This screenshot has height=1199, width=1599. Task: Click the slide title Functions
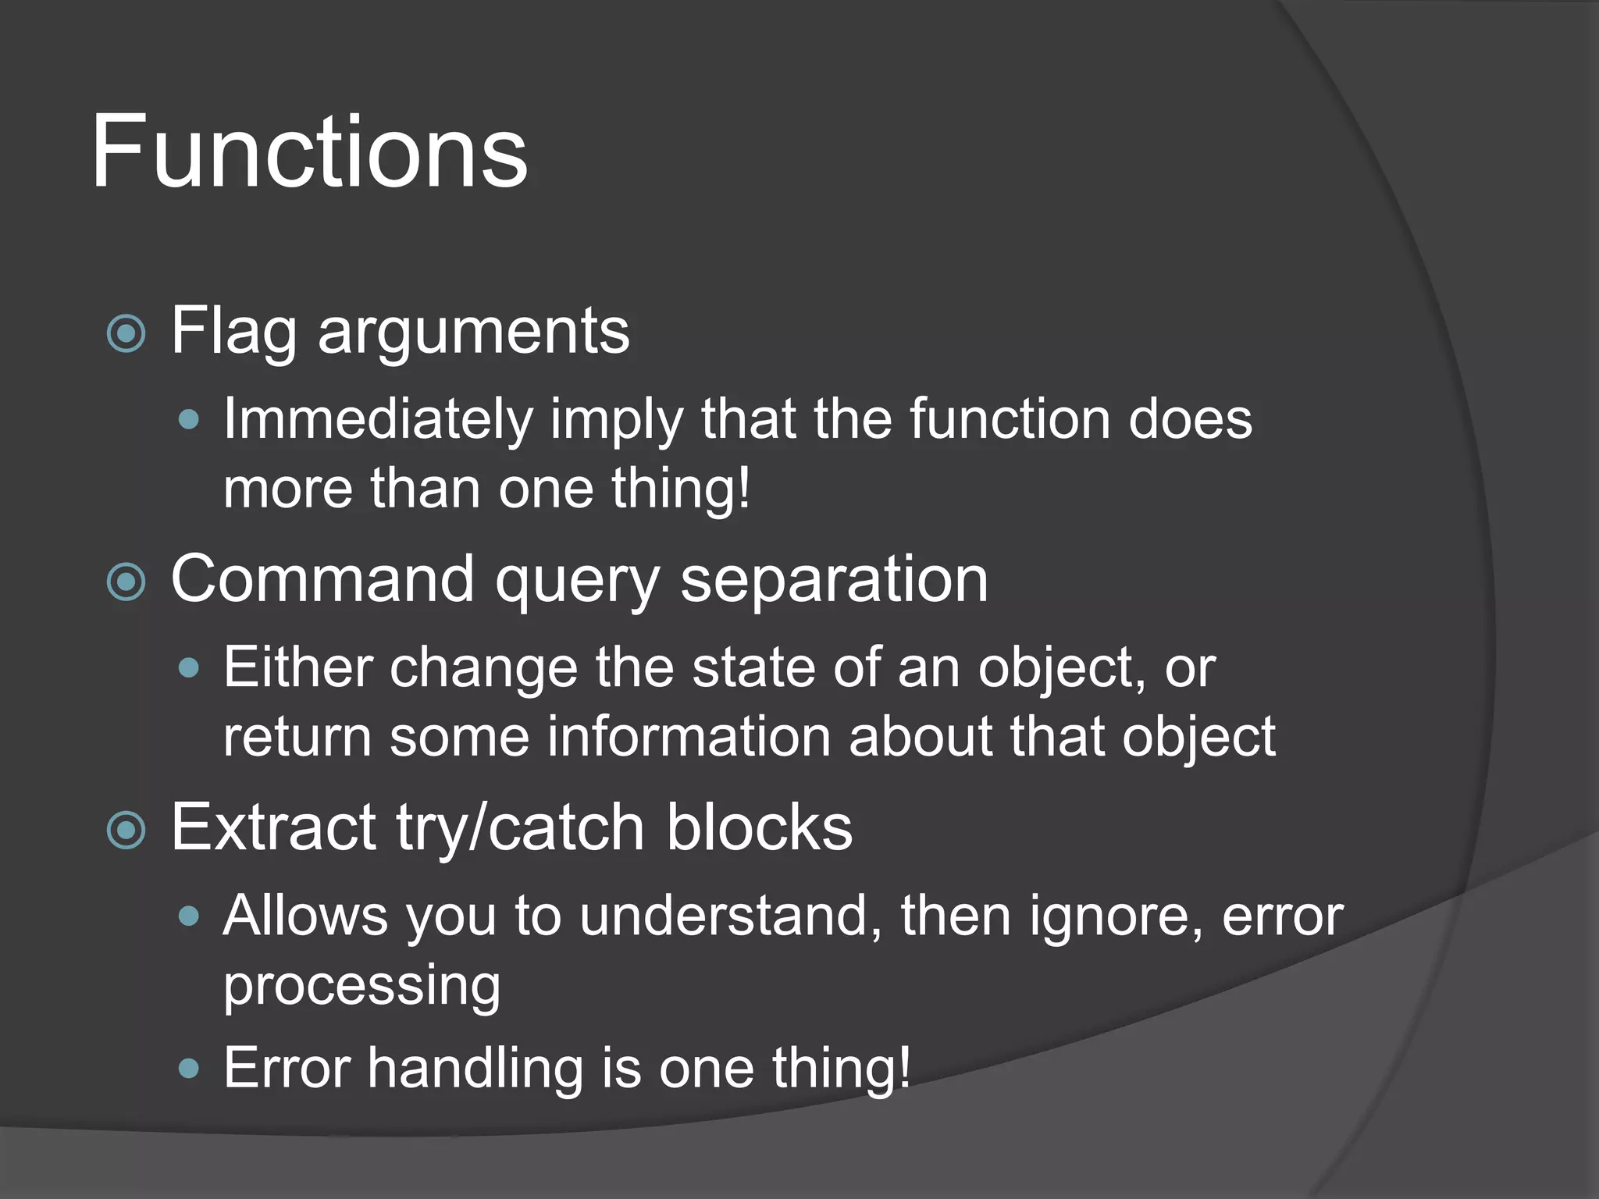pyautogui.click(x=309, y=151)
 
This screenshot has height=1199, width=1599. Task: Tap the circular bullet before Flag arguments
pyautogui.click(x=126, y=334)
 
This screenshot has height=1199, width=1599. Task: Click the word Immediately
pyautogui.click(x=377, y=419)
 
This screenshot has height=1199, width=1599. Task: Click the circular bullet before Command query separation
pyautogui.click(x=126, y=582)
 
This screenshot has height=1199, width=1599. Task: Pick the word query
pyautogui.click(x=577, y=582)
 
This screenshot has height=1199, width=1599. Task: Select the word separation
pyautogui.click(x=834, y=581)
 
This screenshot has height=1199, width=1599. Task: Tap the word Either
pyautogui.click(x=297, y=667)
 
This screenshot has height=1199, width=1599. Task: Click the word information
pyautogui.click(x=688, y=737)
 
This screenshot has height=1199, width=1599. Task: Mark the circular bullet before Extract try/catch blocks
pyautogui.click(x=126, y=831)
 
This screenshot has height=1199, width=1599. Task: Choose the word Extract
pyautogui.click(x=273, y=827)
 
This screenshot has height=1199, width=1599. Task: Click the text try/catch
pyautogui.click(x=520, y=829)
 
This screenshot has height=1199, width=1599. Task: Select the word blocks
pyautogui.click(x=759, y=827)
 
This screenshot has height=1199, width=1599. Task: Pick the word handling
pyautogui.click(x=475, y=1068)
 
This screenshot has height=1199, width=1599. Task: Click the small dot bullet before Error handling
pyautogui.click(x=189, y=1068)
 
